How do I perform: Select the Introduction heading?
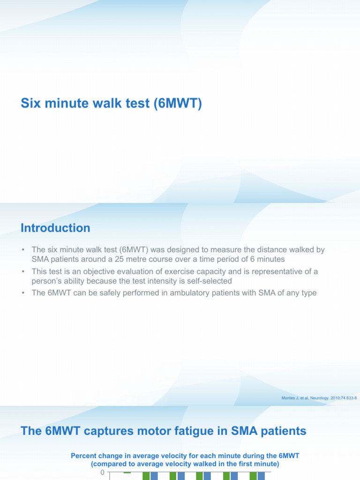coord(55,228)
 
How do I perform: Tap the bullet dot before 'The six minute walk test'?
coord(23,250)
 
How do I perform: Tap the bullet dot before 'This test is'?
coord(23,272)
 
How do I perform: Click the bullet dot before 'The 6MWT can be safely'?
coord(23,293)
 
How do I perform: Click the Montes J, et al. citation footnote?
coord(319,398)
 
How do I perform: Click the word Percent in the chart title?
coord(84,455)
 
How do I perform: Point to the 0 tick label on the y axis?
coord(102,472)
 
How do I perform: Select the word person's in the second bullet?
coord(47,280)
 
